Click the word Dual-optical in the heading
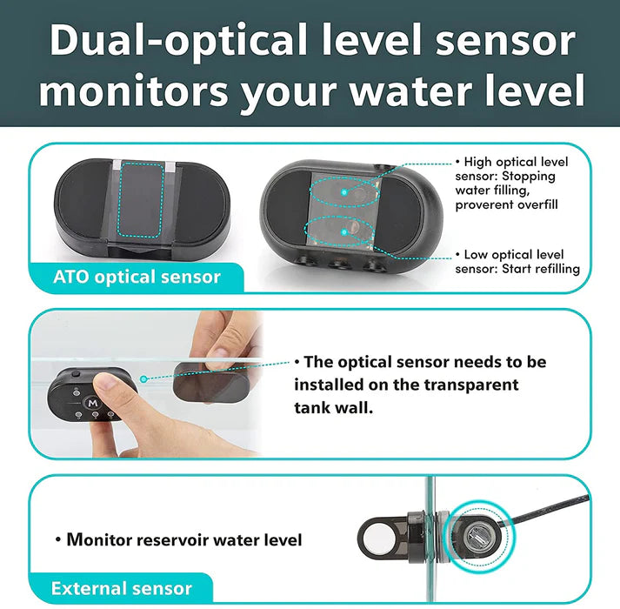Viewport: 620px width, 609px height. pyautogui.click(x=179, y=40)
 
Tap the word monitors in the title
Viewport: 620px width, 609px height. pyautogui.click(x=134, y=91)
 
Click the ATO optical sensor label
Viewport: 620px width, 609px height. pyautogui.click(x=137, y=277)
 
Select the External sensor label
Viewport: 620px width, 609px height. pyautogui.click(x=122, y=588)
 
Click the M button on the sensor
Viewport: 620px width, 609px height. pyautogui.click(x=93, y=403)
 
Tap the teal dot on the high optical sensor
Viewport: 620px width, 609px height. pyautogui.click(x=344, y=192)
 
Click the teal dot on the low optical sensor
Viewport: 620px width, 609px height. pyautogui.click(x=344, y=232)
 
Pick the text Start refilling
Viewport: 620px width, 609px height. pyautogui.click(x=541, y=269)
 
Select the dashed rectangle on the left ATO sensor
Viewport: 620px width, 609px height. pyautogui.click(x=141, y=200)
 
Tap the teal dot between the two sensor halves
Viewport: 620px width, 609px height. pyautogui.click(x=144, y=379)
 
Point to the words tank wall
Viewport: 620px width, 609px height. pyautogui.click(x=334, y=407)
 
